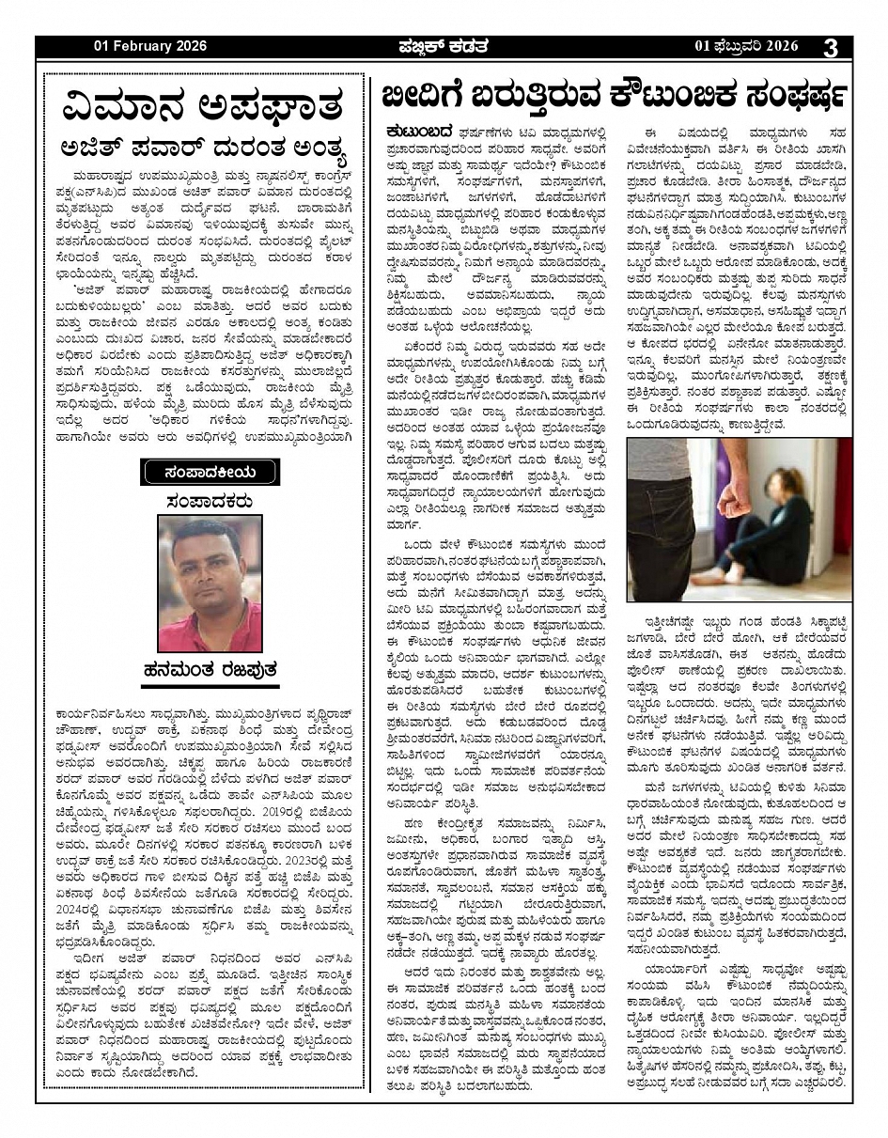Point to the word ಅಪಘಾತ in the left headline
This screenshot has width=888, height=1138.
click(268, 103)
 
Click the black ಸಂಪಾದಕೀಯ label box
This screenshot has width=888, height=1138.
click(210, 470)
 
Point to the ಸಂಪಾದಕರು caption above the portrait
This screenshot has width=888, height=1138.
click(209, 499)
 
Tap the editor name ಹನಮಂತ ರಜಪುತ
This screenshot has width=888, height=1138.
click(210, 671)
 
